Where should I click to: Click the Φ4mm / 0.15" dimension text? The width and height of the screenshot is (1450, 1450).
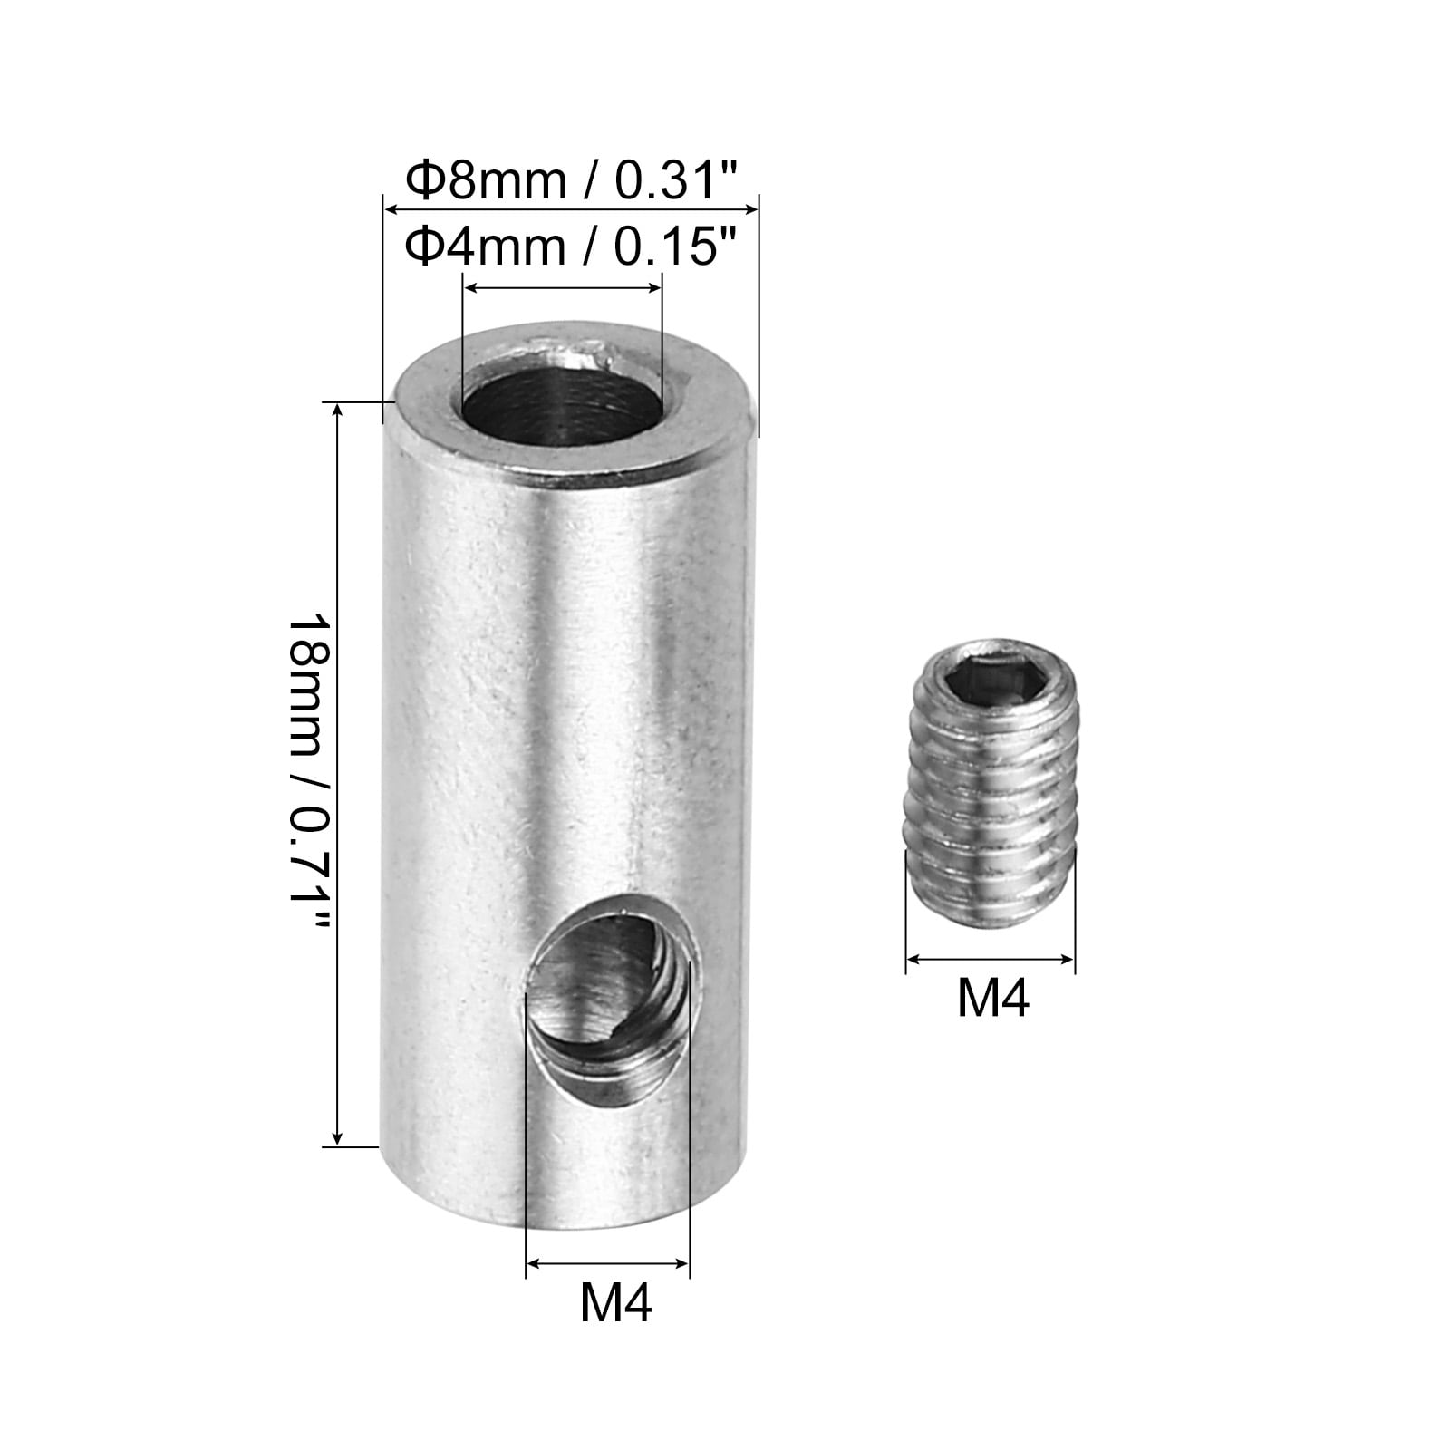click(573, 246)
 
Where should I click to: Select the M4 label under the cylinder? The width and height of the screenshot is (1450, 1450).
click(616, 1303)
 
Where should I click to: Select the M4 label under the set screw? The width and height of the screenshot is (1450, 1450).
click(993, 1000)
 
